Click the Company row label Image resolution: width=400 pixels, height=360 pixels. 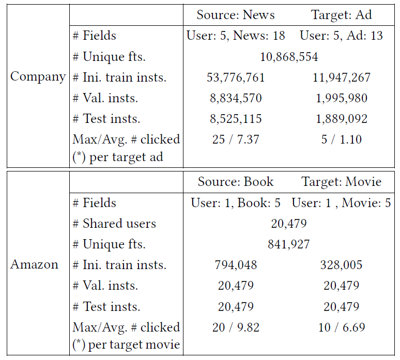tap(38, 77)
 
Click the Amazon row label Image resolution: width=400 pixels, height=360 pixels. tap(35, 264)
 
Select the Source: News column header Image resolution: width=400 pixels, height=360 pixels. tap(236, 14)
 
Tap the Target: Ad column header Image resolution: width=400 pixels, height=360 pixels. tap(341, 14)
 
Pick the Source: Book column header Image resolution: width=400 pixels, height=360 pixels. tap(236, 182)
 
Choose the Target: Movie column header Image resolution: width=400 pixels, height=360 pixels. tap(341, 182)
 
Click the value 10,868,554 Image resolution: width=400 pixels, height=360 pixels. tap(289, 57)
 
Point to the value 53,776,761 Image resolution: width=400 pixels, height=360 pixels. tap(236, 77)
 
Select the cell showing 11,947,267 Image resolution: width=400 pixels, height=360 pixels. tap(342, 77)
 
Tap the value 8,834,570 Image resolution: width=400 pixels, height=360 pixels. tap(236, 98)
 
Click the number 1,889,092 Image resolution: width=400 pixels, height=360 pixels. tap(342, 119)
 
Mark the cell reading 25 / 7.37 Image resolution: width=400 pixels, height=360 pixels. tap(236, 139)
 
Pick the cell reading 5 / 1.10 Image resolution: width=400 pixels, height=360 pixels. tap(342, 139)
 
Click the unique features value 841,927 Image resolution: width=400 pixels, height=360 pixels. tap(289, 244)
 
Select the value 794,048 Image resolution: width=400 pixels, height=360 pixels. tap(236, 265)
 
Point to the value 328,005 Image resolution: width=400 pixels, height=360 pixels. tap(342, 265)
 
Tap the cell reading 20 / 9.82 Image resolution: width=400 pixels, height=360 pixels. tap(236, 327)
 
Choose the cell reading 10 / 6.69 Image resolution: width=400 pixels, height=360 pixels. tap(342, 327)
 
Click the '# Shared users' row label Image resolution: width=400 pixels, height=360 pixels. tap(114, 224)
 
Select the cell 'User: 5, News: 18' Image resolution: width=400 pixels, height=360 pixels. tap(236, 36)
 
